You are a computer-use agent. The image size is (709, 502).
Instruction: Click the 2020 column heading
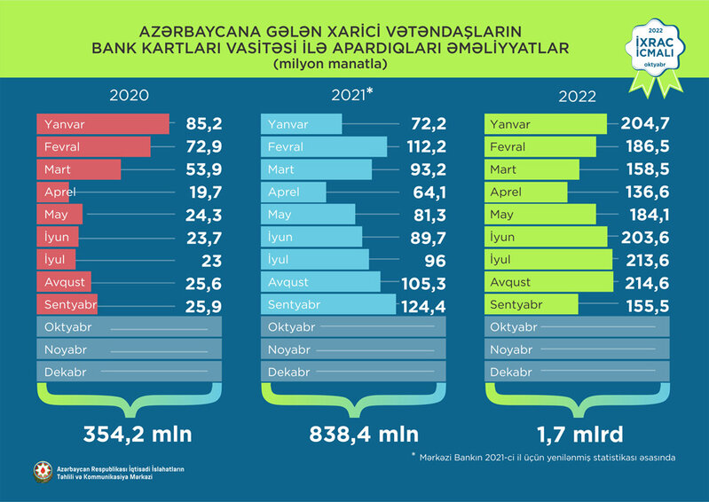click(x=129, y=97)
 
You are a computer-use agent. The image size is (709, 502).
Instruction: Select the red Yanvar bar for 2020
click(x=103, y=124)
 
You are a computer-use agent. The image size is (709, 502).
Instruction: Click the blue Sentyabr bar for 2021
click(x=327, y=304)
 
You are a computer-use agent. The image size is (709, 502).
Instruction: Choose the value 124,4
click(x=426, y=304)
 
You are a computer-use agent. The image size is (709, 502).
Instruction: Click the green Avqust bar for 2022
click(x=549, y=282)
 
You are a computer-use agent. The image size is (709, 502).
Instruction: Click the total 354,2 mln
click(x=138, y=435)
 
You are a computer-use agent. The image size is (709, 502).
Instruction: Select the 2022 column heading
click(x=578, y=97)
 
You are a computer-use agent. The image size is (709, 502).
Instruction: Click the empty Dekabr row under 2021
click(x=354, y=373)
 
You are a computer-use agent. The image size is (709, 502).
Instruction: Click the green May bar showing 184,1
click(x=540, y=214)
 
